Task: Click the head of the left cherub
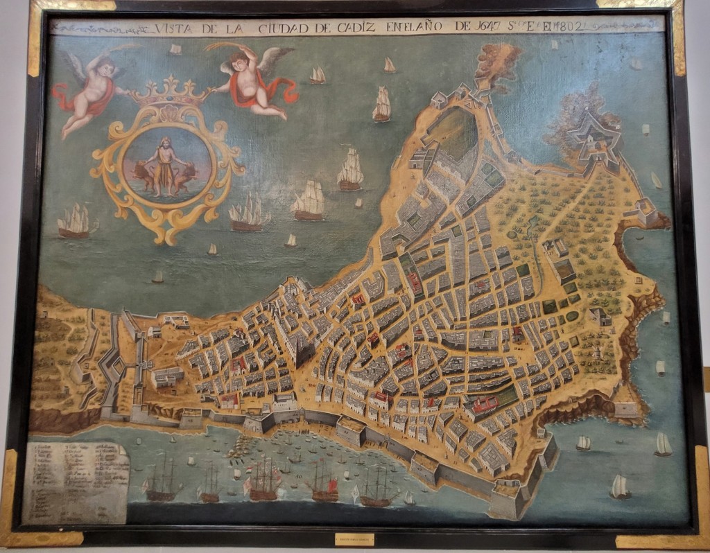(102, 67)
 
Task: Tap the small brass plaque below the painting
(354, 538)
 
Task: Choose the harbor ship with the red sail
(325, 483)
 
